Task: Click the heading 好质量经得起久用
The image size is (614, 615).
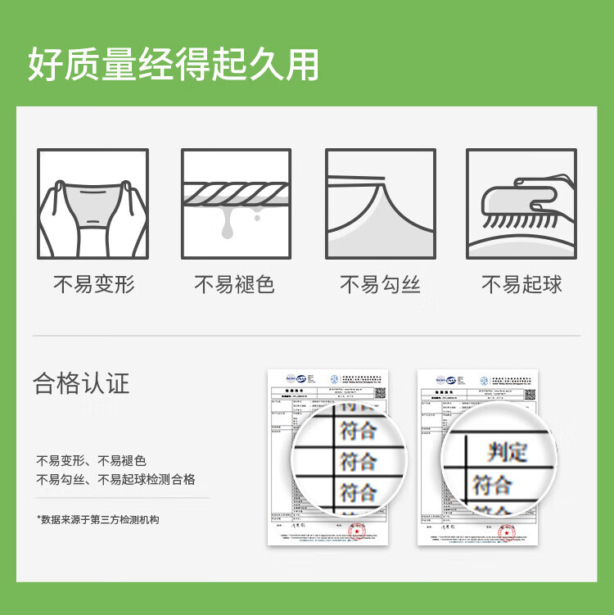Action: coord(174,65)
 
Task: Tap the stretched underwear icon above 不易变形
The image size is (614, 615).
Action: coord(93,203)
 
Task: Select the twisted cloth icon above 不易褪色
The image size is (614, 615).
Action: coord(236,203)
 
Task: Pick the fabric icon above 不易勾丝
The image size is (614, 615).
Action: coord(380,203)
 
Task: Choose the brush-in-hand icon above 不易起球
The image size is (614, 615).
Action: coord(521,203)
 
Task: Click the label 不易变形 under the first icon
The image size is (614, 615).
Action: coord(93,285)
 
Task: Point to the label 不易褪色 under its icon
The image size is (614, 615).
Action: coord(234,285)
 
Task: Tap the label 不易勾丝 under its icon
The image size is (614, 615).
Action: coord(380,285)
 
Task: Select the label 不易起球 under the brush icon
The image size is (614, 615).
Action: coord(521,285)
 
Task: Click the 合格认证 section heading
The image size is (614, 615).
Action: coord(81,383)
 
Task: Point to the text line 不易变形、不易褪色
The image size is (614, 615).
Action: coord(92,460)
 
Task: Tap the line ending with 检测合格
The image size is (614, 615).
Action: coord(115,479)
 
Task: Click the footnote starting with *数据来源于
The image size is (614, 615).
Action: coord(97,519)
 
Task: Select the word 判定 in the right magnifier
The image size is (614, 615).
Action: coord(507,450)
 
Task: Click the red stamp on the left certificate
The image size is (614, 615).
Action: coord(357,531)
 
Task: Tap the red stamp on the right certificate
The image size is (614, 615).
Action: coord(507,531)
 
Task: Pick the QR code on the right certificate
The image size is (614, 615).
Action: coord(529,392)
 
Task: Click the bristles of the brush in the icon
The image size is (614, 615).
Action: coord(514,219)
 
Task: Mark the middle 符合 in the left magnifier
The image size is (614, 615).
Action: coord(359,459)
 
